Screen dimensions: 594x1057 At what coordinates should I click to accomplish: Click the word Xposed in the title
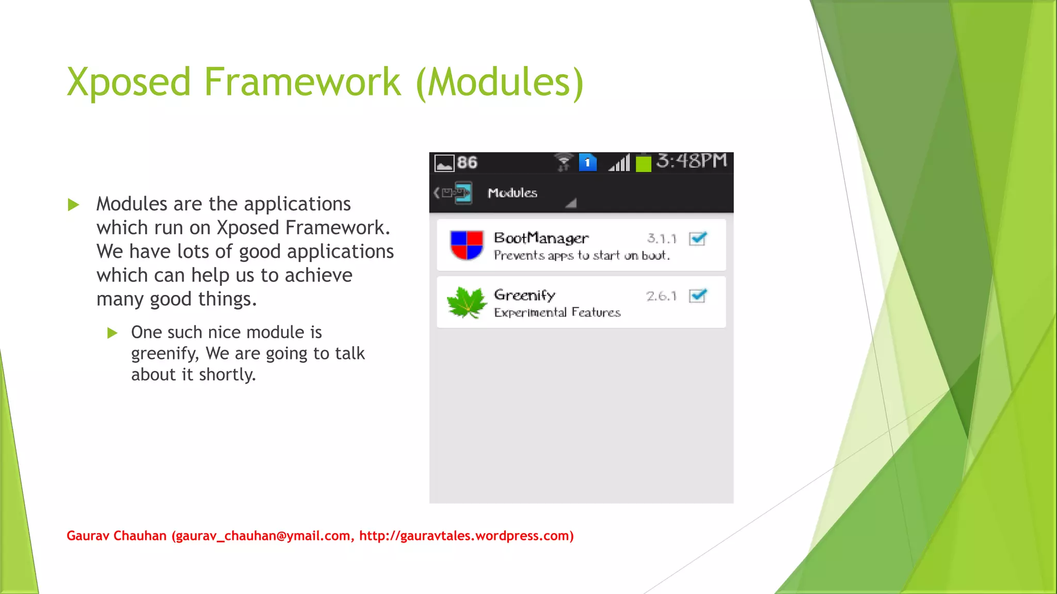tap(129, 82)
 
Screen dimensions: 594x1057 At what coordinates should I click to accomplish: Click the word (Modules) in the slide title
tap(500, 82)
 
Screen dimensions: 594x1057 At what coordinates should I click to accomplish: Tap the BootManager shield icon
tap(467, 245)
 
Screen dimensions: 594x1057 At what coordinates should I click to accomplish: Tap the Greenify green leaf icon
tap(467, 303)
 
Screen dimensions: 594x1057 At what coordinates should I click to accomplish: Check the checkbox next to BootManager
tap(698, 239)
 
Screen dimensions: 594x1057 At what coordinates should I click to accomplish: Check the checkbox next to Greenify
tap(698, 296)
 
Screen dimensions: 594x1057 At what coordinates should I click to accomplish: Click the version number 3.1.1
tap(662, 239)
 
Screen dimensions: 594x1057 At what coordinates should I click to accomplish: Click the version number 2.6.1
tap(661, 296)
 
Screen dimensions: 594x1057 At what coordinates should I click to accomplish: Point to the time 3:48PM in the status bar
tap(692, 161)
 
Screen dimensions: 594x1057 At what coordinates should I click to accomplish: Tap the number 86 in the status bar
tap(467, 163)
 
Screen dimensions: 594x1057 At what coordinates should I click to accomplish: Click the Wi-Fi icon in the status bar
tap(564, 162)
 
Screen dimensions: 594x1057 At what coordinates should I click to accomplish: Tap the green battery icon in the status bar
tap(643, 163)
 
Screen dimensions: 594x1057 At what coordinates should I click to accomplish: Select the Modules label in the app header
tap(513, 193)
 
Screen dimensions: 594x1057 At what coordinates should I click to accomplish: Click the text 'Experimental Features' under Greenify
tap(557, 312)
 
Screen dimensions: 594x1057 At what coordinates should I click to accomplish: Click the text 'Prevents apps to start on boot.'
tap(582, 255)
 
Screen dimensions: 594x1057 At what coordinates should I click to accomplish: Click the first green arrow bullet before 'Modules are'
tap(74, 205)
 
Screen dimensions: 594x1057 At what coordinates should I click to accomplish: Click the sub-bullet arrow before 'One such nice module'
tap(113, 333)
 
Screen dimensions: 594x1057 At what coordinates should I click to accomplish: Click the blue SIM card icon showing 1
tap(587, 162)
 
